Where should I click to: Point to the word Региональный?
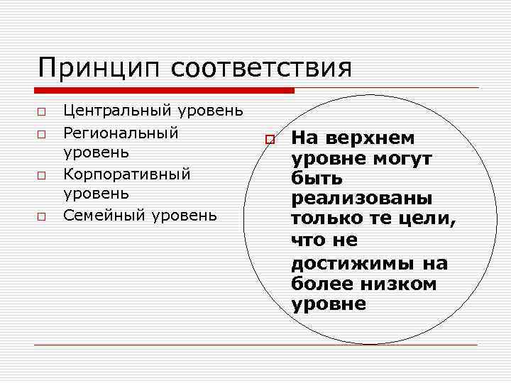121,133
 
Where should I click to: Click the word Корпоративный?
127,174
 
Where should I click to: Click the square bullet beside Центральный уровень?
42,112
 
